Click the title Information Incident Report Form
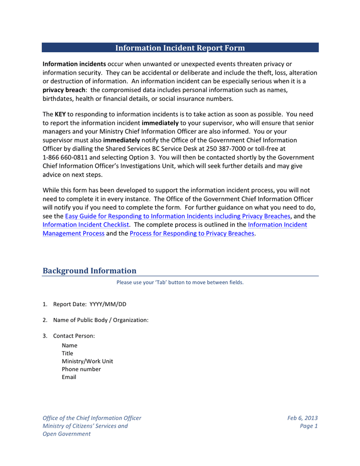coord(180,48)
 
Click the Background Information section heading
coord(89,271)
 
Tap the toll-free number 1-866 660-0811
coord(65,157)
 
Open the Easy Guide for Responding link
coord(177,216)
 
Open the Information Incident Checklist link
coord(85,225)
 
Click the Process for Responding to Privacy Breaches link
coord(192,234)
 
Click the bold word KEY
coord(61,114)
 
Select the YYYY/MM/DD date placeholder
coord(108,304)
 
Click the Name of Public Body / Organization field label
coord(101,320)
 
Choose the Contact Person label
coord(74,336)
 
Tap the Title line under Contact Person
coord(67,353)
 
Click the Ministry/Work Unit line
coord(87,361)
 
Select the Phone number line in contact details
coord(81,369)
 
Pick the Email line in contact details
coord(69,377)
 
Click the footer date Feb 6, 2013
coord(303,418)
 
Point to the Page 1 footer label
coord(309,426)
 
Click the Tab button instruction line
coord(180,283)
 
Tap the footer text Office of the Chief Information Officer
coord(92,418)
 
